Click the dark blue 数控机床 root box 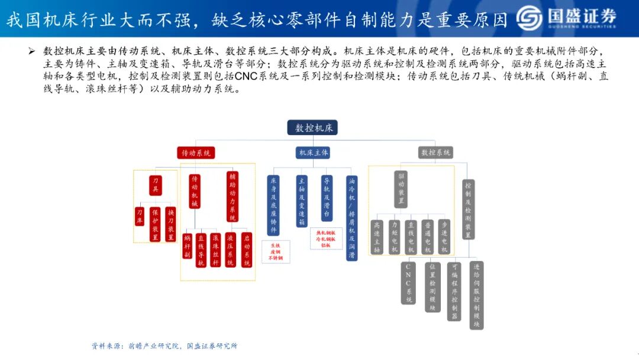[x=312, y=128]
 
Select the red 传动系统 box [x=196, y=153]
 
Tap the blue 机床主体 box [x=313, y=153]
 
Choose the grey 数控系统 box [x=435, y=153]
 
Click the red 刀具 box [x=156, y=185]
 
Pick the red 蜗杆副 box [x=188, y=246]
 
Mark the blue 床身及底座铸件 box [x=273, y=204]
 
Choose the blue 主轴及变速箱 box [x=302, y=201]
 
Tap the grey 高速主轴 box [x=377, y=237]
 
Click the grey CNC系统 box [x=408, y=282]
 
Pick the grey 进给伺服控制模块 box [x=477, y=294]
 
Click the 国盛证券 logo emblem [x=529, y=18]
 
